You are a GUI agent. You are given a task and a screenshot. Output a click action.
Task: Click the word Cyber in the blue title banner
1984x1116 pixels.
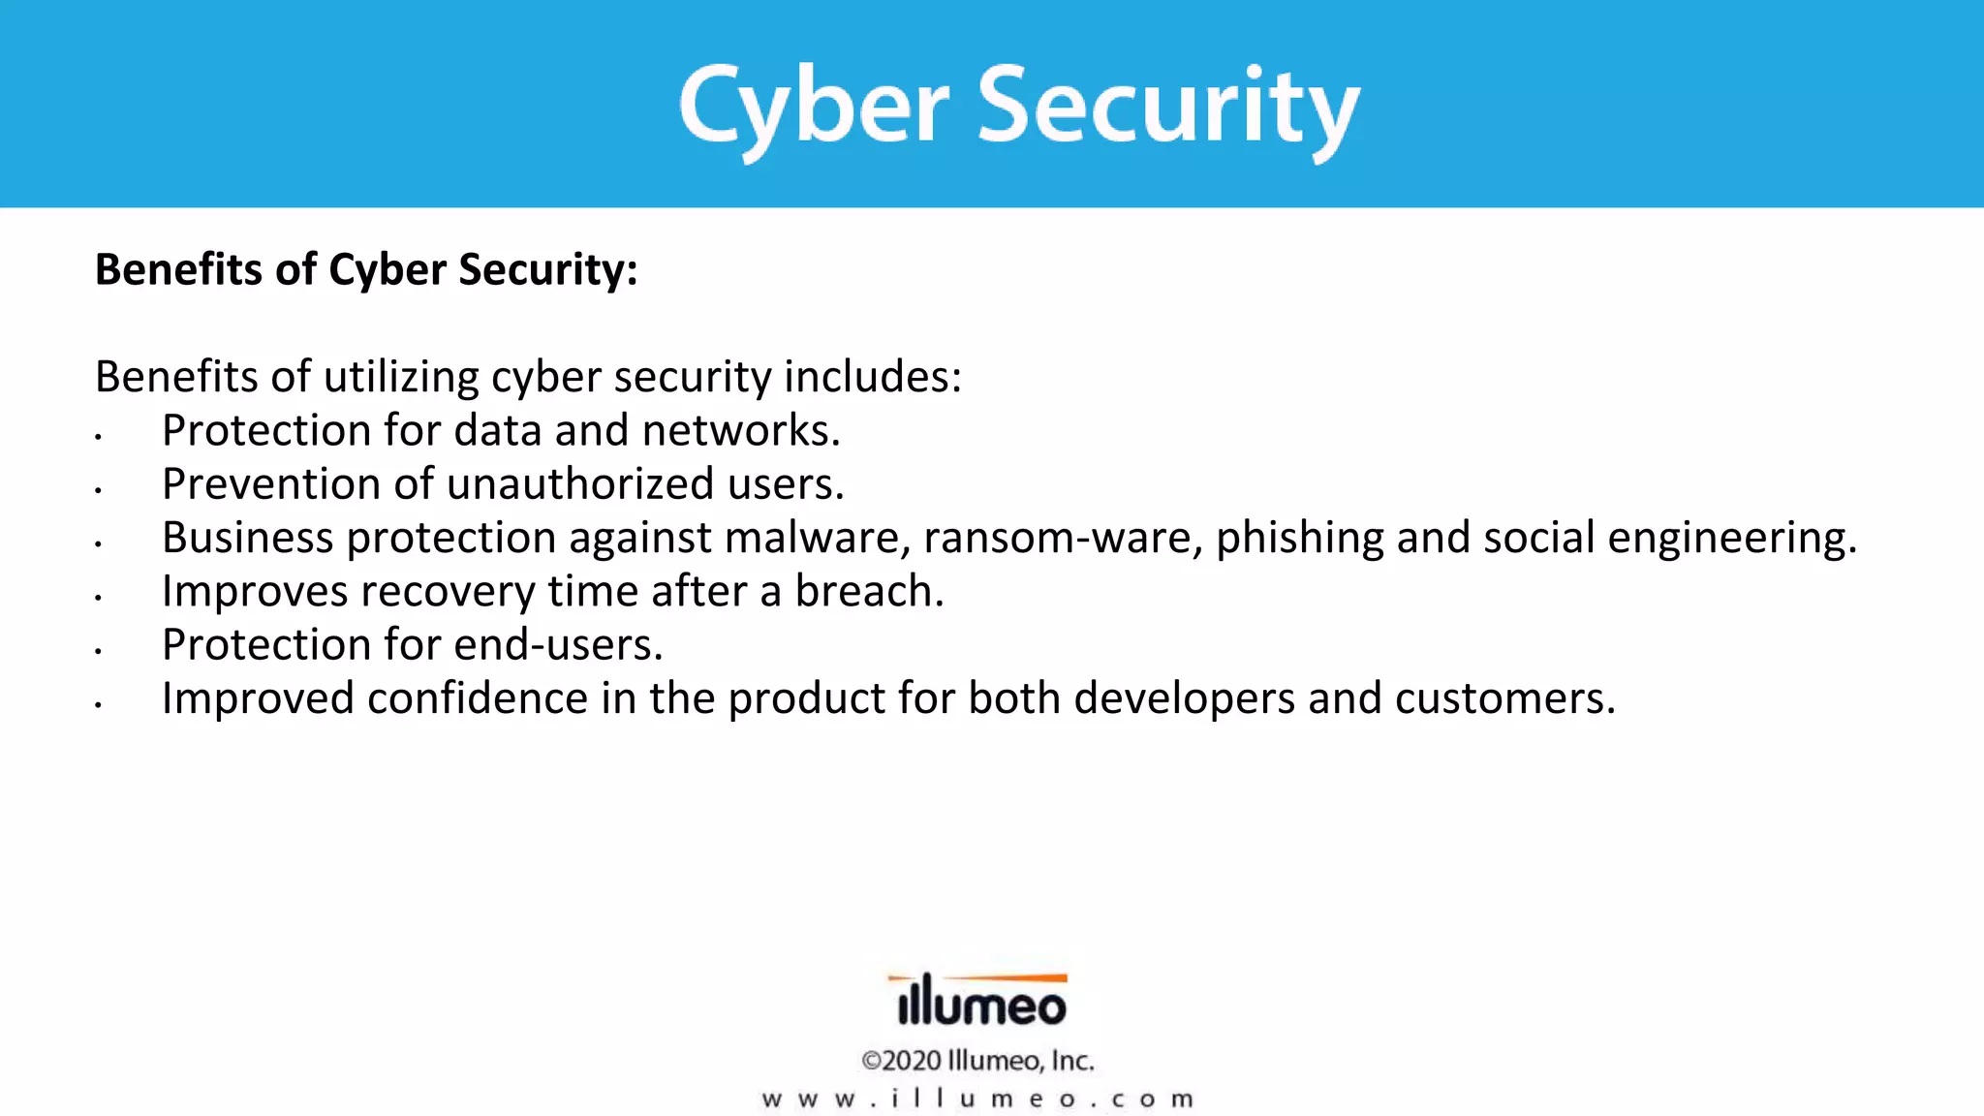click(814, 107)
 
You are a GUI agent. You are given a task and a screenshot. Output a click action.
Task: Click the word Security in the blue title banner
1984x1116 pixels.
click(1167, 107)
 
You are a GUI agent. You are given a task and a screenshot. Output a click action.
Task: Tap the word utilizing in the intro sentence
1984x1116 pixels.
click(401, 377)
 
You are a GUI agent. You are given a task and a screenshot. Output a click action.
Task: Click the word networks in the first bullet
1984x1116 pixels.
click(740, 431)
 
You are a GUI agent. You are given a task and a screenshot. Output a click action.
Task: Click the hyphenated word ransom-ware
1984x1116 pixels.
click(1062, 539)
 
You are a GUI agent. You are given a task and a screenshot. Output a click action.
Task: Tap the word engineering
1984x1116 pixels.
click(1731, 539)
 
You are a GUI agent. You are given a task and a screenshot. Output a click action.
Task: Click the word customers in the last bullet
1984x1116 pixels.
click(1504, 698)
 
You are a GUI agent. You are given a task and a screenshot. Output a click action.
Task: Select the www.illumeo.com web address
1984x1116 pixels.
click(978, 1100)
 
